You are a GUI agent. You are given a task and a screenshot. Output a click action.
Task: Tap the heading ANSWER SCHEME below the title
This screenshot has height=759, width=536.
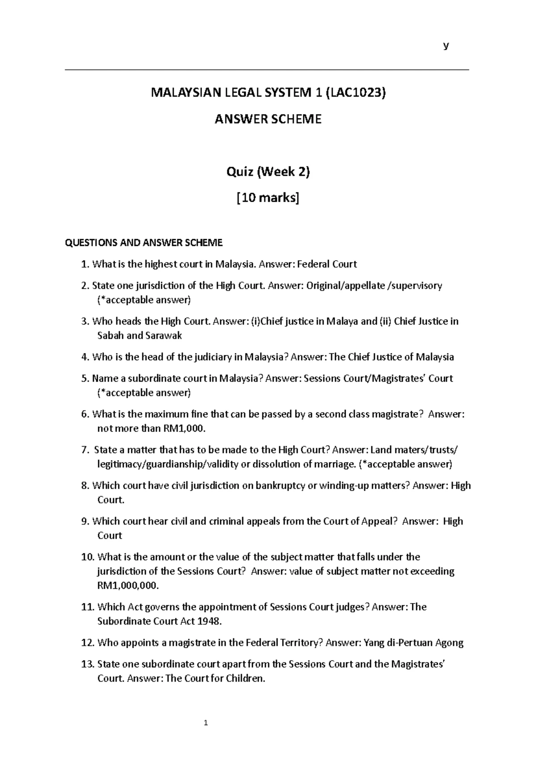(268, 119)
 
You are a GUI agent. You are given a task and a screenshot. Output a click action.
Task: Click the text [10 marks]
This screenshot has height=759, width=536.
(268, 198)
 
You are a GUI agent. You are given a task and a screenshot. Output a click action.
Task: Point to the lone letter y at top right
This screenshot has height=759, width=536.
(445, 46)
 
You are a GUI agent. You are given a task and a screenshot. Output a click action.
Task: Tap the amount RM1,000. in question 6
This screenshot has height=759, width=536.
(184, 428)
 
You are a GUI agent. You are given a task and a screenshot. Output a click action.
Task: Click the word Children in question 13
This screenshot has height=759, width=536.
(246, 679)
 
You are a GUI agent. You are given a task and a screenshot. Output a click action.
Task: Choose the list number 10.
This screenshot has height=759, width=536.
(88, 557)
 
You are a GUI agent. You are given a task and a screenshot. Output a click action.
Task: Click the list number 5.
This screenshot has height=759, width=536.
(85, 379)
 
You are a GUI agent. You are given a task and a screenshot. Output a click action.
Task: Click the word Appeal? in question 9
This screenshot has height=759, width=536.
(379, 521)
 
